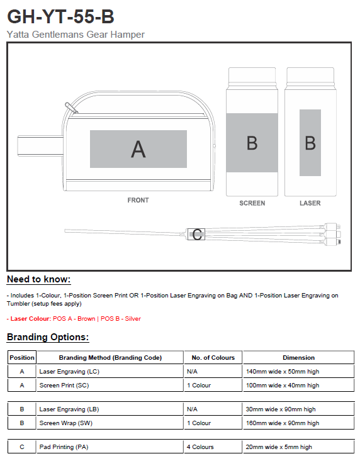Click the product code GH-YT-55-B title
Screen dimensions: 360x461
point(60,16)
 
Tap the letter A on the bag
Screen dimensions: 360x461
point(138,149)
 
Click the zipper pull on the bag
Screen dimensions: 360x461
point(71,108)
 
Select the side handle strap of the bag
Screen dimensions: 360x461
point(40,145)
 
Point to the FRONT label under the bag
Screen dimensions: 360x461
point(138,200)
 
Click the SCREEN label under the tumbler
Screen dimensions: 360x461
point(252,203)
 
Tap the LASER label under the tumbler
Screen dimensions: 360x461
point(310,203)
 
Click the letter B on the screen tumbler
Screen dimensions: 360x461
point(252,143)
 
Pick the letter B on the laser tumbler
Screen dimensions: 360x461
point(310,143)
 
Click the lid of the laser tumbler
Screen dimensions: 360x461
point(310,75)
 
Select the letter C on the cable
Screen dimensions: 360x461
point(197,235)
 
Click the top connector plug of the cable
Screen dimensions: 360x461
point(333,226)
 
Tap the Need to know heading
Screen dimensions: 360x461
point(39,279)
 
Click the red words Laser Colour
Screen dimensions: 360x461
point(30,319)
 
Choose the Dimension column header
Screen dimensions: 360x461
point(298,357)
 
